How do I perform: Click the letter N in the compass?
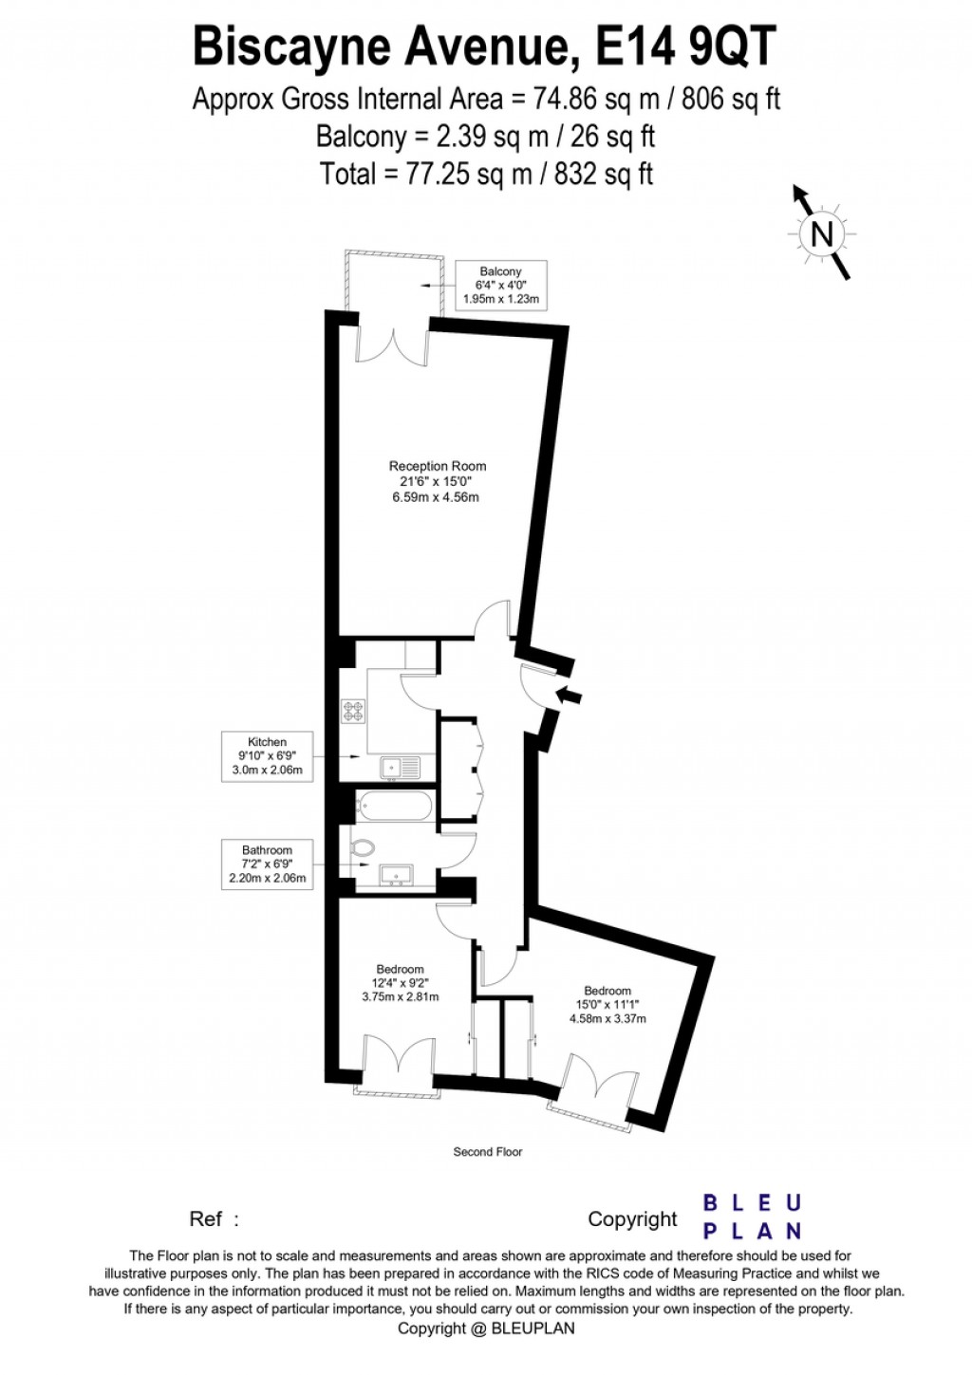click(821, 233)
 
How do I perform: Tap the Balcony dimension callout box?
click(500, 285)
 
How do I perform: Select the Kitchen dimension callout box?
click(267, 756)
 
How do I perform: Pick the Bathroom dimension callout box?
click(267, 864)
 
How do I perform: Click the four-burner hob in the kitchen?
click(354, 711)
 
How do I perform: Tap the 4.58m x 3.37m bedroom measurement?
click(607, 1019)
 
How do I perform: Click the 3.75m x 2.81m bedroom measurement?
click(401, 997)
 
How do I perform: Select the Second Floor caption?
click(488, 1152)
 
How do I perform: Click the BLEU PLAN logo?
click(752, 1217)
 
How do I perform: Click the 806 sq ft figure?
click(731, 99)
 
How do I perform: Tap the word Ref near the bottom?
click(206, 1219)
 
